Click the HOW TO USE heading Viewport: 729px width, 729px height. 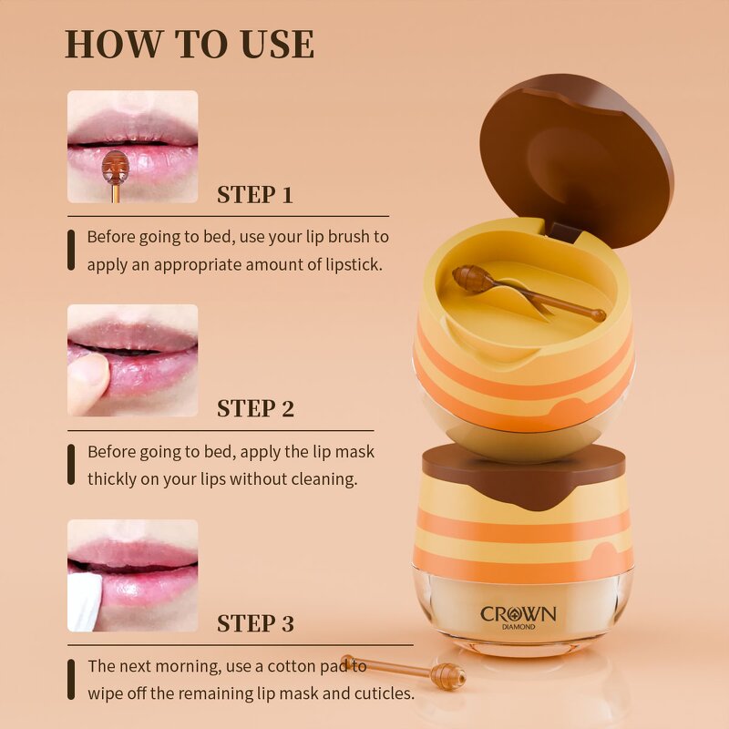190,45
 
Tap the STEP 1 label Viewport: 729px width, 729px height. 255,195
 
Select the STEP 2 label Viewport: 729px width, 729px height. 255,409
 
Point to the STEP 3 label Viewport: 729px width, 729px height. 255,624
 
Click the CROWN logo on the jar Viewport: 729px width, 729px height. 518,613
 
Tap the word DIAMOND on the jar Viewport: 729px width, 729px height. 518,628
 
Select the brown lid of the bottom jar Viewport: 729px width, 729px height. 523,472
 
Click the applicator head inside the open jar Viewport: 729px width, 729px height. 471,278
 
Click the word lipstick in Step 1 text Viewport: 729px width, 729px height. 349,264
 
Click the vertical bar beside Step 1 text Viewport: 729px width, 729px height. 72,250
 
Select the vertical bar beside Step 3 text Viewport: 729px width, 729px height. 72,679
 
